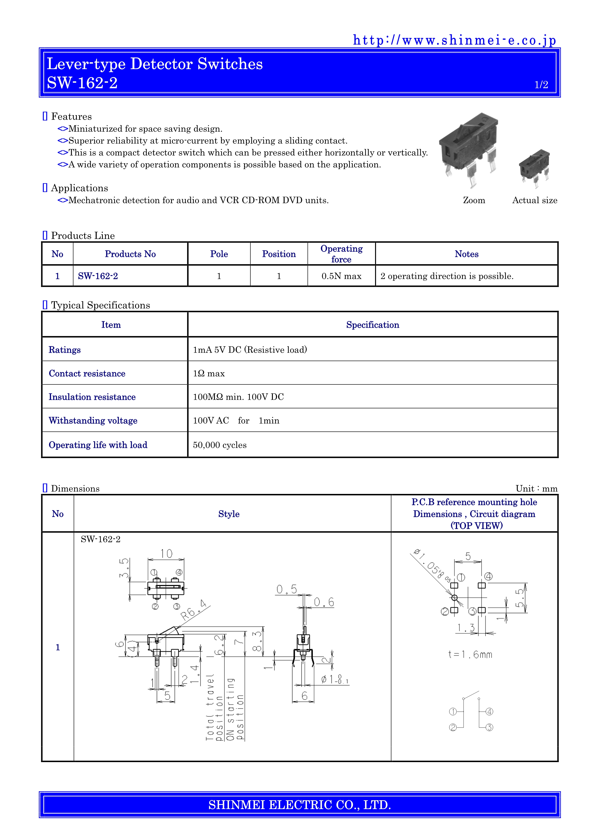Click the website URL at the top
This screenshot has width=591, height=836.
pos(454,40)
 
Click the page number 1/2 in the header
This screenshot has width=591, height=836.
pos(541,85)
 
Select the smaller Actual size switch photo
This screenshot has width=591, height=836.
pos(534,168)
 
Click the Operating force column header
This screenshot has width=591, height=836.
pos(341,254)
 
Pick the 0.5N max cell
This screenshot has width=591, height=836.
pos(341,276)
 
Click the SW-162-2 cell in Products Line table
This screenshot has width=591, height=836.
pos(98,276)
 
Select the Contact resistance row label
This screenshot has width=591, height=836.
pos(87,373)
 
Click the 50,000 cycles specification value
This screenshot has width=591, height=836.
pos(219,445)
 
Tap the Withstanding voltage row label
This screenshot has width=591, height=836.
pos(93,421)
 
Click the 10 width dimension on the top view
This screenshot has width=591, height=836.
pos(166,554)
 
